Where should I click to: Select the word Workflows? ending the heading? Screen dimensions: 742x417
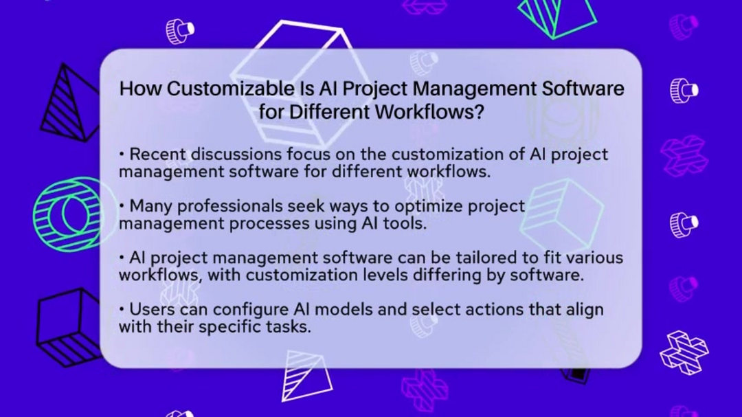tap(430, 112)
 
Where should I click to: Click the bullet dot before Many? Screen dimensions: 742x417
tap(122, 206)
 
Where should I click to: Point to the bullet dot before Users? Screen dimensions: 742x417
tap(122, 309)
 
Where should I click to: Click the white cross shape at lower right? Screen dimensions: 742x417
tap(684, 352)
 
